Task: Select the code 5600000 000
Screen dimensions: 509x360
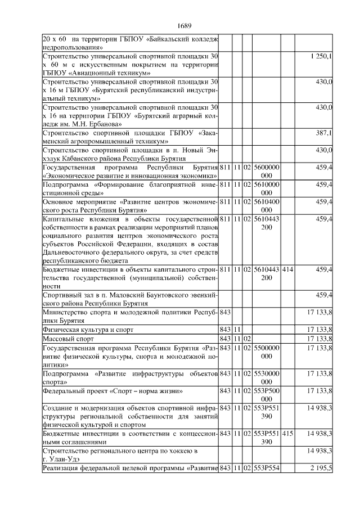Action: [267, 172]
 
